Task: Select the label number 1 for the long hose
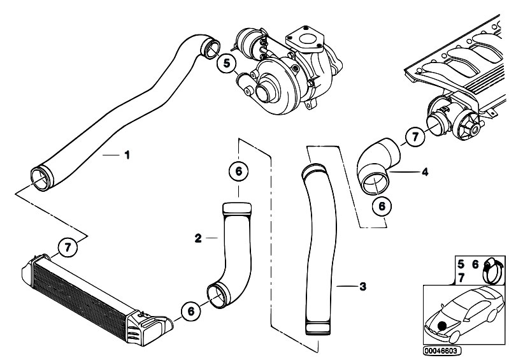[127, 155]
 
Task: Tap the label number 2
[198, 238]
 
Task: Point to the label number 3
[362, 287]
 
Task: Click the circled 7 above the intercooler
[67, 247]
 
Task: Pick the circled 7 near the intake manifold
[415, 136]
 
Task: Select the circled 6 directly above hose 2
[238, 172]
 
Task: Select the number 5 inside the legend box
[461, 263]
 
